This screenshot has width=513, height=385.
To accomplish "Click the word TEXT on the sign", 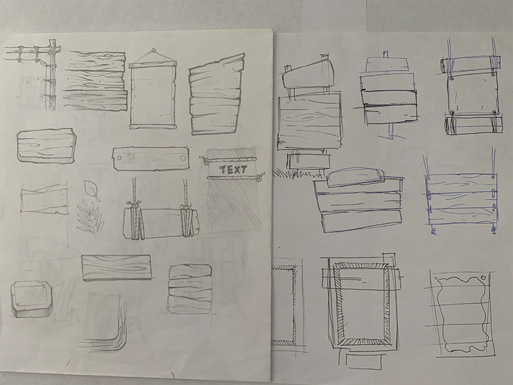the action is [x=233, y=169].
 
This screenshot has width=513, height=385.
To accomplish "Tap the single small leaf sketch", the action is [x=91, y=191].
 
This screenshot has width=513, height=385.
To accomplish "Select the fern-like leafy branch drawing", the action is [x=90, y=218].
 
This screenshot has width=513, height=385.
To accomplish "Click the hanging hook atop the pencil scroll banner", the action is [x=153, y=52].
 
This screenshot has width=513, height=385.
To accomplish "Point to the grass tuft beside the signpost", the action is [x=293, y=173].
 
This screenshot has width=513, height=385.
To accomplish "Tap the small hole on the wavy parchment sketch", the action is [x=484, y=278].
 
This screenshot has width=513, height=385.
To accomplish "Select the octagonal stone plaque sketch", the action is [x=31, y=298].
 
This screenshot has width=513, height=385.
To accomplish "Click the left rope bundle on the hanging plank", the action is [x=135, y=220].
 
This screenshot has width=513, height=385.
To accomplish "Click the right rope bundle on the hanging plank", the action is [x=188, y=220].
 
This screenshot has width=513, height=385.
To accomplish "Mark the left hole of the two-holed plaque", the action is [x=119, y=158].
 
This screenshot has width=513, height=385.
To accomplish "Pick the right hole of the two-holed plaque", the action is [x=183, y=158].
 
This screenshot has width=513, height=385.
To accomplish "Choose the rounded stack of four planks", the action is [x=190, y=288].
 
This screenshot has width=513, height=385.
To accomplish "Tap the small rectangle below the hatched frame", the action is [x=363, y=361].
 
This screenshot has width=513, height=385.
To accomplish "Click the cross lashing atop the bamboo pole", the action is [x=53, y=48].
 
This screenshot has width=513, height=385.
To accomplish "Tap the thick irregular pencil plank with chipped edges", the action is [x=46, y=146].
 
